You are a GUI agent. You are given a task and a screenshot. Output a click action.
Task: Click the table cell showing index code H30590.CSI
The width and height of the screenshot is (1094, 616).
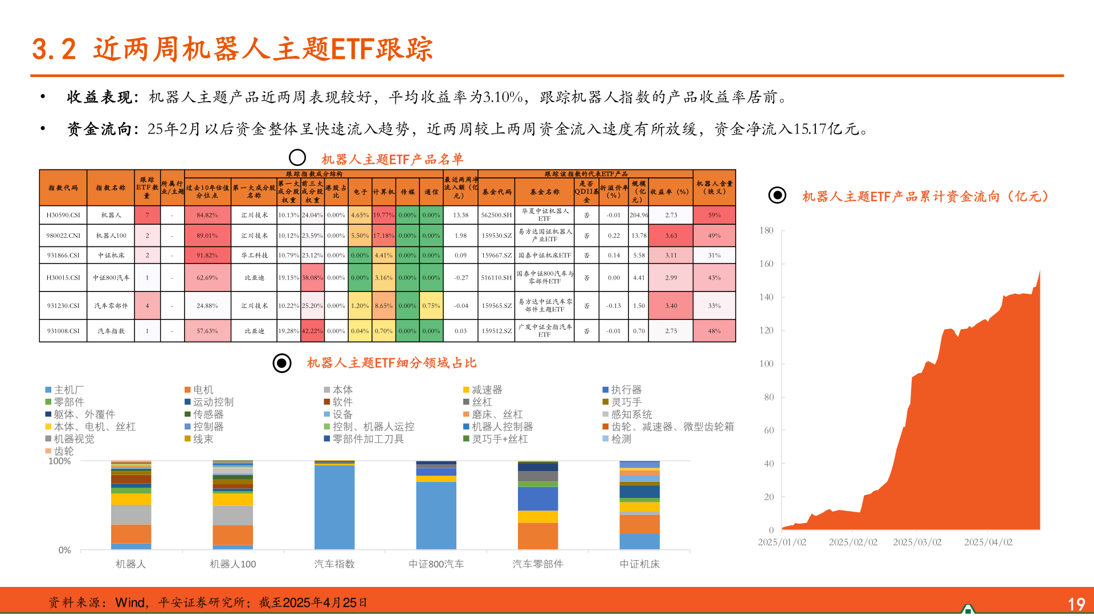[x=63, y=215]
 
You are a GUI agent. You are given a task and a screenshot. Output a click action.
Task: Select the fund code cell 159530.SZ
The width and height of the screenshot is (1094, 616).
[x=496, y=236]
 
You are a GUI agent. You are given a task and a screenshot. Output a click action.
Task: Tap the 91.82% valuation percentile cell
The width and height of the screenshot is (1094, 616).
[x=207, y=256]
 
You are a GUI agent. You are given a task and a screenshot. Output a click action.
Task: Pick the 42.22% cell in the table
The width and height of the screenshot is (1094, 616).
[x=312, y=331]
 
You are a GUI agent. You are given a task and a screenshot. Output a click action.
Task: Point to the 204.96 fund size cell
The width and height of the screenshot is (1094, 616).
[x=639, y=215]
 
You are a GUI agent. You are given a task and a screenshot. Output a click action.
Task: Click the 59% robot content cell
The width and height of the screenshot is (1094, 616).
[x=714, y=215]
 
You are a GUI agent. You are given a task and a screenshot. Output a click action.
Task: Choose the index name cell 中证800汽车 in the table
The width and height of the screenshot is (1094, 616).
[x=111, y=278]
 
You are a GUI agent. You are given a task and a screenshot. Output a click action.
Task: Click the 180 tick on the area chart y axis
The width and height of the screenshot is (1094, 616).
[x=766, y=230]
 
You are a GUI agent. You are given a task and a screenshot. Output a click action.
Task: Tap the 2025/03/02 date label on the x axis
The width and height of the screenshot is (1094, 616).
[x=917, y=542]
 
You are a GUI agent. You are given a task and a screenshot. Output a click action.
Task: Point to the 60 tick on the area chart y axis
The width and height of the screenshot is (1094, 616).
[x=769, y=430]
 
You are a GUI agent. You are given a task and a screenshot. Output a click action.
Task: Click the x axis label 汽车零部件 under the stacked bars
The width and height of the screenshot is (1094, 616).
[x=537, y=564]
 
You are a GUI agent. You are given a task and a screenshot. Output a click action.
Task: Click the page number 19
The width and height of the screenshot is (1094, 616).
[x=1076, y=604]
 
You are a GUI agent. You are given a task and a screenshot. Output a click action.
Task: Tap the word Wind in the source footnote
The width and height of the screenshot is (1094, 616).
[x=130, y=603]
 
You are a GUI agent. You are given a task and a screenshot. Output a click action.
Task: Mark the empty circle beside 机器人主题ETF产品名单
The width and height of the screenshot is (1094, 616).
[x=297, y=157]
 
